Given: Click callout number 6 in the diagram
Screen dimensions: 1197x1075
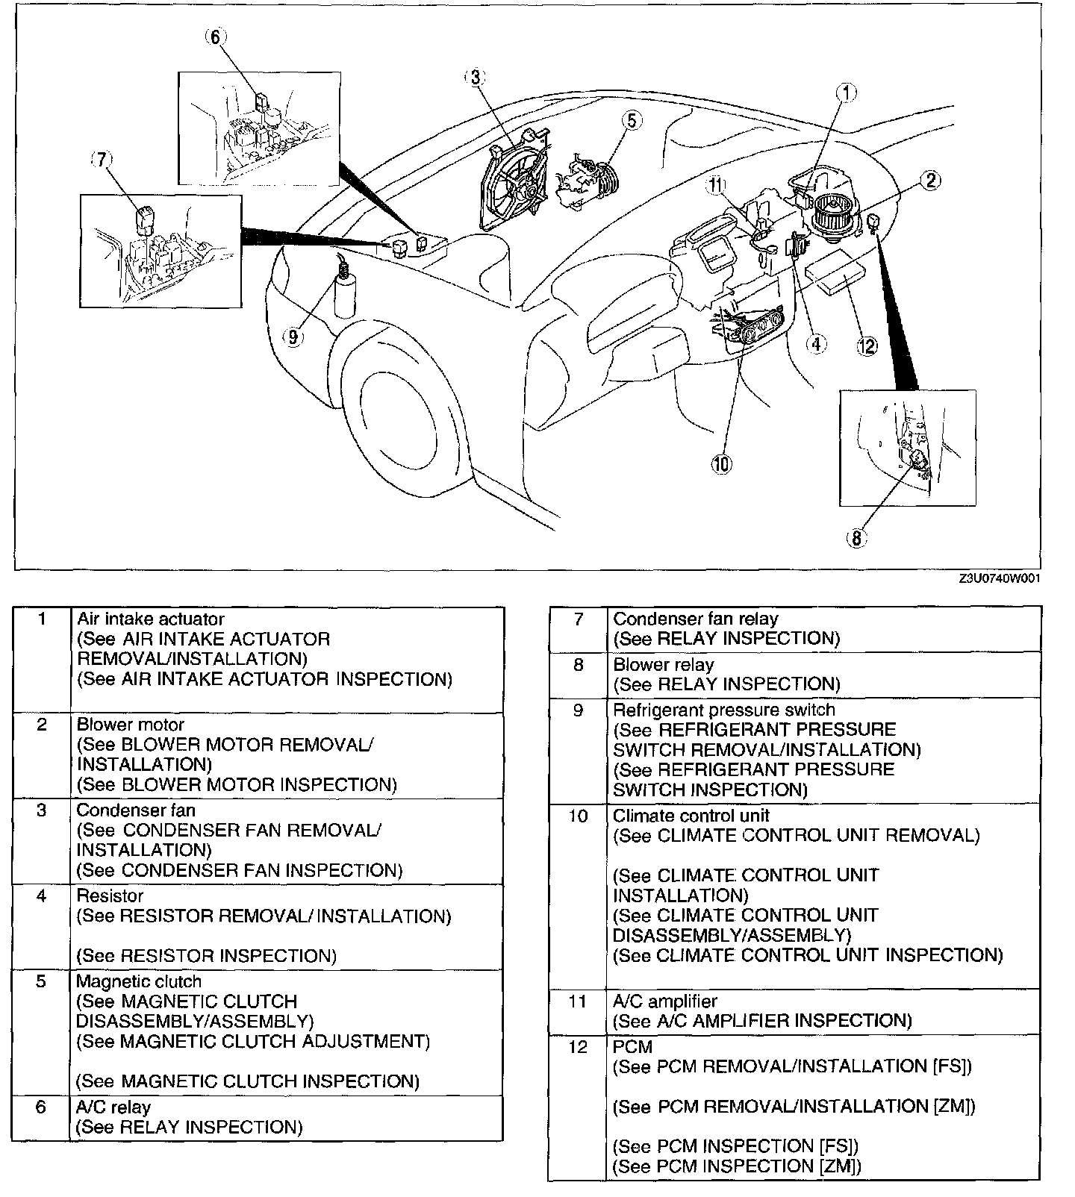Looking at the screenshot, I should [x=215, y=37].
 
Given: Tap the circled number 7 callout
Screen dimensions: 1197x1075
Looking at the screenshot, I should [x=102, y=161].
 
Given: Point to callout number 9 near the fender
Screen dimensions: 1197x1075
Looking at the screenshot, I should [x=293, y=337].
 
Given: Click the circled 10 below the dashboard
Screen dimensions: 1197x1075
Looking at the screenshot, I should [x=720, y=464].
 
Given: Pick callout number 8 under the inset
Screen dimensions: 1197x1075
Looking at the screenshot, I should [x=857, y=537].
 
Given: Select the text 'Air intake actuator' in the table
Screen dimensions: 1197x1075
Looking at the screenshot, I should [x=150, y=619].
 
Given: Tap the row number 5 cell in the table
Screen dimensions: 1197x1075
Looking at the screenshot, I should [x=41, y=981].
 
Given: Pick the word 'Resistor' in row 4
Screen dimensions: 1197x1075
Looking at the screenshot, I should [x=110, y=896].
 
